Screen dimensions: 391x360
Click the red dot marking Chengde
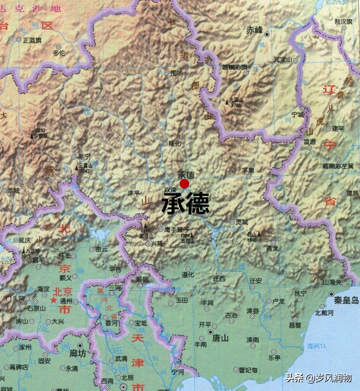[185, 184]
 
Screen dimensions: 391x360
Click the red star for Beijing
[54, 301]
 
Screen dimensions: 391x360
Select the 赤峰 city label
[254, 30]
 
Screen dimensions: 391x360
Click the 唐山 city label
[220, 338]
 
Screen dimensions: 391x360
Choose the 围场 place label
[177, 73]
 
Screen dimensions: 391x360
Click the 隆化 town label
[174, 144]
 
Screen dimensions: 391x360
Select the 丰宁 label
[85, 157]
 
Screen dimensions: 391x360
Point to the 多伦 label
[59, 53]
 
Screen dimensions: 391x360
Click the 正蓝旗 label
[32, 40]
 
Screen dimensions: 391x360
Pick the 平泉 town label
[248, 170]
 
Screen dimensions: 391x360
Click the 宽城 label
[242, 222]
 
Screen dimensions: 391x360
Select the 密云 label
[101, 249]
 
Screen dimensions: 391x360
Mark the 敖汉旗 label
[344, 21]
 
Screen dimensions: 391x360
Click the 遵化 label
[187, 274]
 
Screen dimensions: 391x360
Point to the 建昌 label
[353, 194]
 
